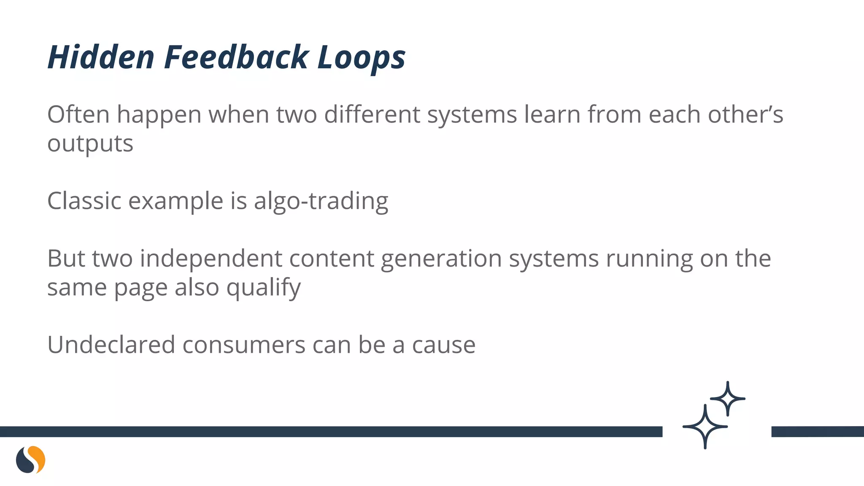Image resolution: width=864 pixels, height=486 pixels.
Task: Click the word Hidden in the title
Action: coord(101,57)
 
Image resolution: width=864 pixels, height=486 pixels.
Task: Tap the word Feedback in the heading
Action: coord(236,57)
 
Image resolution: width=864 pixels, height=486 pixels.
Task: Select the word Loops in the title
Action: coord(361,57)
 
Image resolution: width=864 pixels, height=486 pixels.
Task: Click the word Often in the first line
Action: coord(78,114)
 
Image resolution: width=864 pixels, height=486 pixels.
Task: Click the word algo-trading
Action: coord(321,201)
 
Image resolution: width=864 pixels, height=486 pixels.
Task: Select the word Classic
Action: coord(84,201)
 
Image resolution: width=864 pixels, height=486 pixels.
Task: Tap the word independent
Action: coord(211,259)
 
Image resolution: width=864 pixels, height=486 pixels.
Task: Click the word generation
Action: coord(441,259)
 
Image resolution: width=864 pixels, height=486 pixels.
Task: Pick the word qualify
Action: coord(263,288)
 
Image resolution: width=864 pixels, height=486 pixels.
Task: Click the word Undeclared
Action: coord(111,345)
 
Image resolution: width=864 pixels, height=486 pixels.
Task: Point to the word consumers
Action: coord(243,345)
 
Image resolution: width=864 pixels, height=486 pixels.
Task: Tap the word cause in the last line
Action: coord(443,345)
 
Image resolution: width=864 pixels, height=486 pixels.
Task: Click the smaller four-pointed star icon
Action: coord(727,399)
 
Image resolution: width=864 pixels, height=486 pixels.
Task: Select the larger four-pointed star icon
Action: coord(705,427)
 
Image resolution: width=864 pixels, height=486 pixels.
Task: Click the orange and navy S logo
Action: coord(30,459)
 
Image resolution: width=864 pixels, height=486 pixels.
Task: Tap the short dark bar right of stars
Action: coord(817,432)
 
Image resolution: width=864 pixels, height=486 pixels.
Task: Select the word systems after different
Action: coord(472,114)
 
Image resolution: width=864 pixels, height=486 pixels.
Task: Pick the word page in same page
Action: coord(141,288)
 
